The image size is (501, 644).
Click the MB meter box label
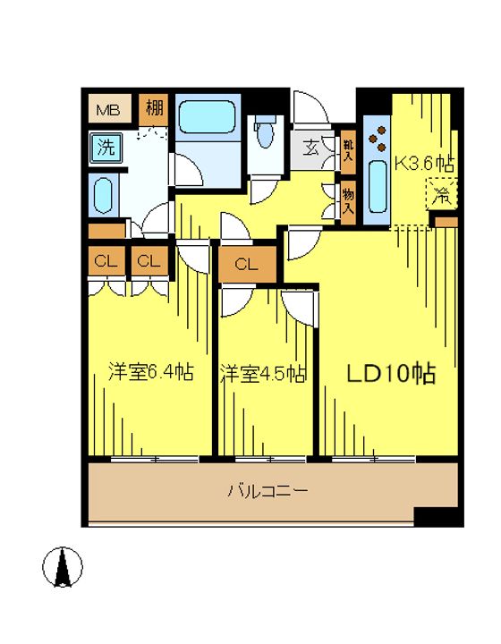coord(107,110)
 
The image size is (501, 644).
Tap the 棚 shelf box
coord(153,110)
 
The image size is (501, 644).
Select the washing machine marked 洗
coord(106,147)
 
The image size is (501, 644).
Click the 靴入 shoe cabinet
coord(348,152)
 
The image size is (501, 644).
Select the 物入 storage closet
coord(348,202)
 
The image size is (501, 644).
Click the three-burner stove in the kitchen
coord(378,139)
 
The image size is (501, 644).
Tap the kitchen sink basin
coord(378,187)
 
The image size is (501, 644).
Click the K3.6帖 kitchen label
coord(424,164)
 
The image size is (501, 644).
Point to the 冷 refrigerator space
coord(441,193)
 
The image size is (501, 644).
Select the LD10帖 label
coord(391,373)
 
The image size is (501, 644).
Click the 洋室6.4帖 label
coord(150,372)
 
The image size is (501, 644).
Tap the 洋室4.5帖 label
coord(262,373)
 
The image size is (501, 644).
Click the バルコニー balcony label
coord(268,490)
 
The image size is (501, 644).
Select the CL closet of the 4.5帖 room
coord(247,264)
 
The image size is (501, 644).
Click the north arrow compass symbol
coord(63,567)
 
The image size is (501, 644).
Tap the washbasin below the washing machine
coord(103,196)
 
